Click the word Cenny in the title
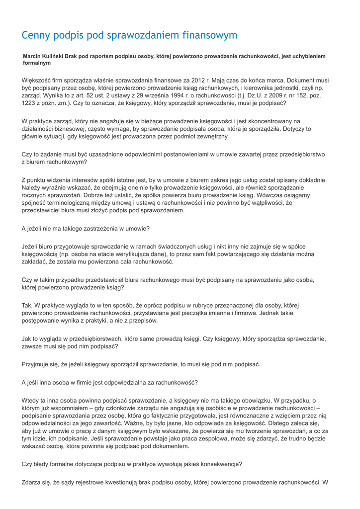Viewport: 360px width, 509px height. (37, 35)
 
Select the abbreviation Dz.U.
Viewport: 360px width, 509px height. (268, 96)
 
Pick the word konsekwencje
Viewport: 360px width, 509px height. (216, 464)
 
